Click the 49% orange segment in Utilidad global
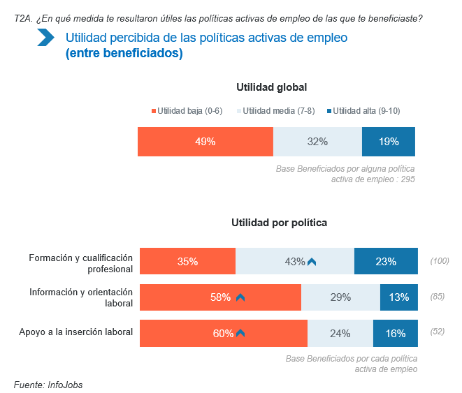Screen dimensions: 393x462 click(205, 142)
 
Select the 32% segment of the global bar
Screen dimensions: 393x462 click(317, 142)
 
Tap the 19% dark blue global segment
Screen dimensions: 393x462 click(389, 142)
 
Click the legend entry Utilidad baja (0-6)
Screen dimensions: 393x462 click(187, 110)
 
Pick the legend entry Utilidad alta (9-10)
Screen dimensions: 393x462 click(363, 110)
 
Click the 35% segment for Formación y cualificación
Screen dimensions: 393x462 click(187, 262)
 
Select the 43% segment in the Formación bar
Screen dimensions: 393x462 click(294, 262)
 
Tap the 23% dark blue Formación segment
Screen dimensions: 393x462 click(386, 262)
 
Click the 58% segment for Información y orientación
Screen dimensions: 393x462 click(220, 297)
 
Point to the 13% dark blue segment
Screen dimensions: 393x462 click(399, 297)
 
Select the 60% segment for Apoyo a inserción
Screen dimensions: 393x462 click(223, 333)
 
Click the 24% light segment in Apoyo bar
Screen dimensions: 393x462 click(340, 333)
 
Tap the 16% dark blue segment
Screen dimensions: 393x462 click(396, 333)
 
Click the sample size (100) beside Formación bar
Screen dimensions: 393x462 click(440, 262)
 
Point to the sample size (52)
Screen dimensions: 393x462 click(438, 332)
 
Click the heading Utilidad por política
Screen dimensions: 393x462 click(280, 223)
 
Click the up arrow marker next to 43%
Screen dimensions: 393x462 click(312, 262)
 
